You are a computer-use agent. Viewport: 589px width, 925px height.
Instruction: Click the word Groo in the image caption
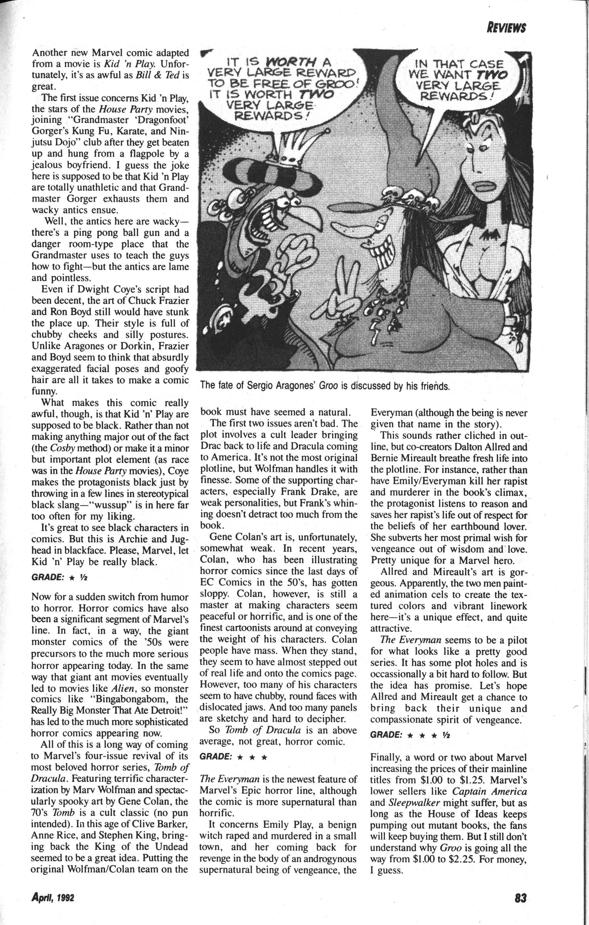coord(328,385)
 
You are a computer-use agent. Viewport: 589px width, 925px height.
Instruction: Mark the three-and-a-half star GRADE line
coord(409,735)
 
